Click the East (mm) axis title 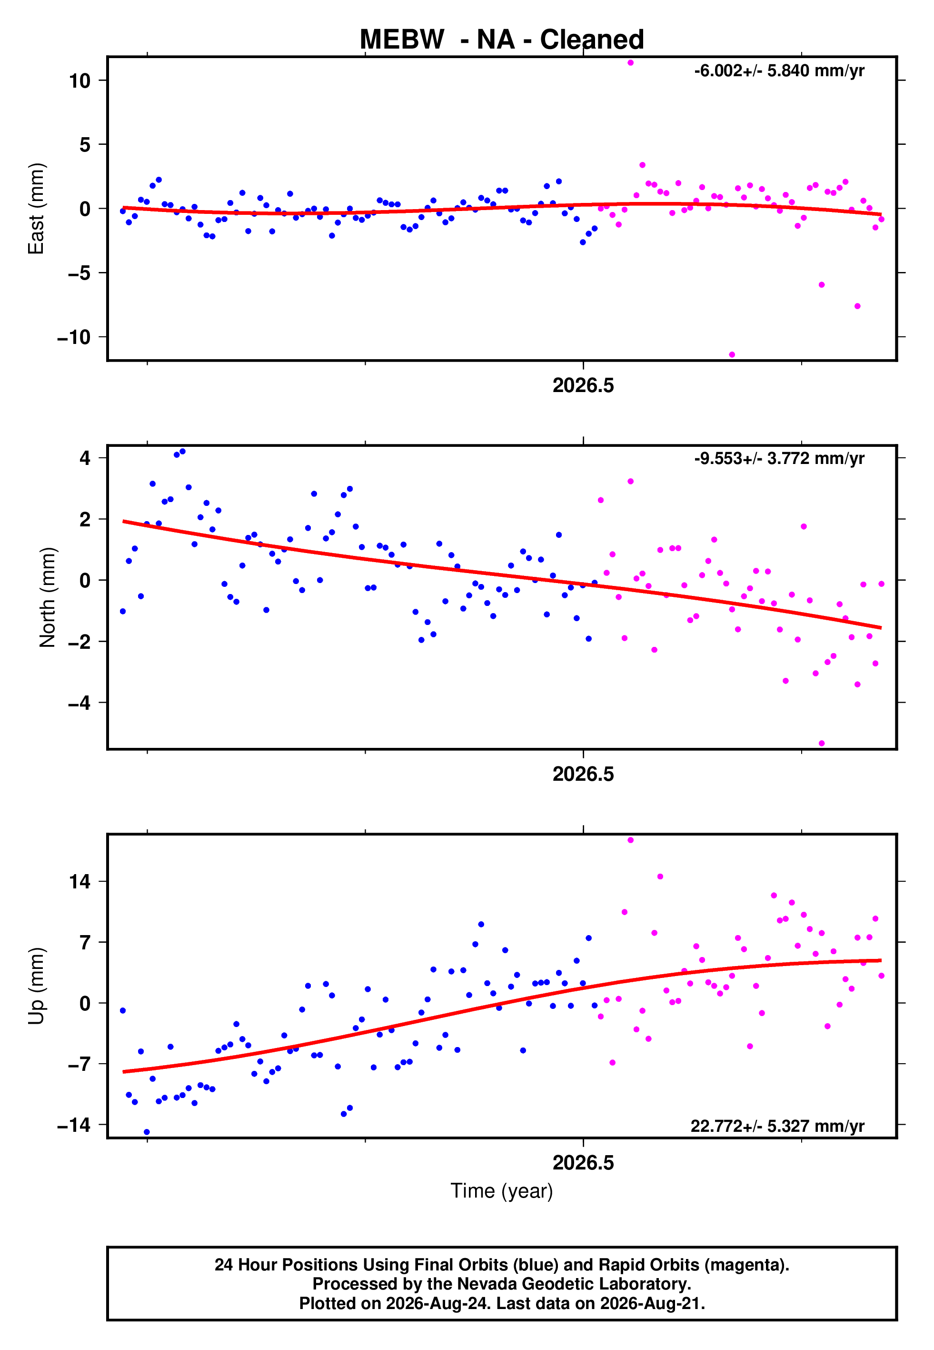(36, 209)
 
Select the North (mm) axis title (48, 597)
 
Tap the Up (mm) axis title (36, 986)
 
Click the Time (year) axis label (502, 1191)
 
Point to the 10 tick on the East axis (80, 81)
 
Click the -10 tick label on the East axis (74, 337)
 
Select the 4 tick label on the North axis (85, 458)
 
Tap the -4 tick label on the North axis (79, 703)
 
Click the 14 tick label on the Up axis (80, 882)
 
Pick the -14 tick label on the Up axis (74, 1125)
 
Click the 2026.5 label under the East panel (584, 385)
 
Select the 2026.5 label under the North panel (584, 774)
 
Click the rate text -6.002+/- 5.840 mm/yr (779, 71)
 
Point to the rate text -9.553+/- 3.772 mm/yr (779, 458)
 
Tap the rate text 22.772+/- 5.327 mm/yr (777, 1126)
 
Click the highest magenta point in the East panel (630, 62)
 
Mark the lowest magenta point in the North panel (822, 744)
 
